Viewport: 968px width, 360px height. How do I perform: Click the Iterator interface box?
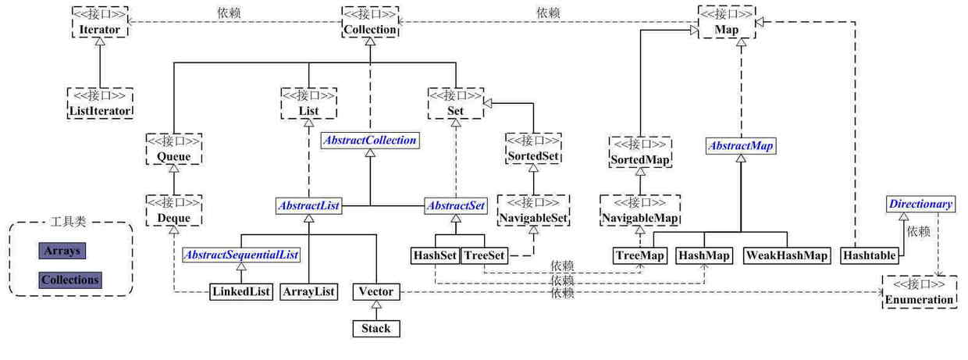99,23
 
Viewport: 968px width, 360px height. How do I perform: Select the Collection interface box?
370,23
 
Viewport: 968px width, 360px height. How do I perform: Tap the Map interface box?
726,23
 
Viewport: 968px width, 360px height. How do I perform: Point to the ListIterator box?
99,103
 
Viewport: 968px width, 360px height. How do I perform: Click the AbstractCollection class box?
370,141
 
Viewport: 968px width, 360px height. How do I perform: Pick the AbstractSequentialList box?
241,255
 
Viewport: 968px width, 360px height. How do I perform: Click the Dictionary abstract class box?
921,205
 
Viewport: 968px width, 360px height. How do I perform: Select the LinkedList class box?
241,292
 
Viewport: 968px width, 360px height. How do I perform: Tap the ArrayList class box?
308,292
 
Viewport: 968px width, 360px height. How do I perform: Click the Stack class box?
375,329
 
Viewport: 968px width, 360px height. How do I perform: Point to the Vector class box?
375,292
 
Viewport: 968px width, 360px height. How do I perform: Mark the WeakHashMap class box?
786,255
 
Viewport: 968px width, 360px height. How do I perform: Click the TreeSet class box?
484,255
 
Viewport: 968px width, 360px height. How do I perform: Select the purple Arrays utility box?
61,251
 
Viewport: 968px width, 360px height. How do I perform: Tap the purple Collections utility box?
70,280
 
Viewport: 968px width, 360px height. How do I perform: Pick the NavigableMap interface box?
640,211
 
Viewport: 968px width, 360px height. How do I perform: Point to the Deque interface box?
173,211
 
